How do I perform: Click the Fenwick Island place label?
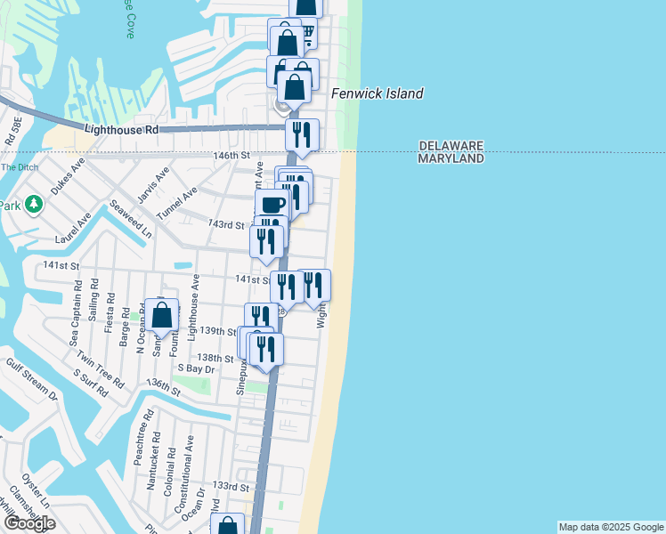tap(377, 93)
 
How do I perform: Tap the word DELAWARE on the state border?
tap(451, 146)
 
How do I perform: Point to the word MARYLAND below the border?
tap(451, 158)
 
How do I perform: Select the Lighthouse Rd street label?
tap(121, 130)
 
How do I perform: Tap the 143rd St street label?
tap(225, 224)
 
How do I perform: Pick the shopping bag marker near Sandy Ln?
tap(162, 315)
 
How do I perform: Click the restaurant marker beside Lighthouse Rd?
tap(302, 135)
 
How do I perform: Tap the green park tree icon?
tap(34, 205)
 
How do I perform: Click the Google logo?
tap(29, 522)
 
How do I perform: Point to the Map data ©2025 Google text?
tap(611, 527)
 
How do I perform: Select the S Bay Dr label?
tap(197, 368)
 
